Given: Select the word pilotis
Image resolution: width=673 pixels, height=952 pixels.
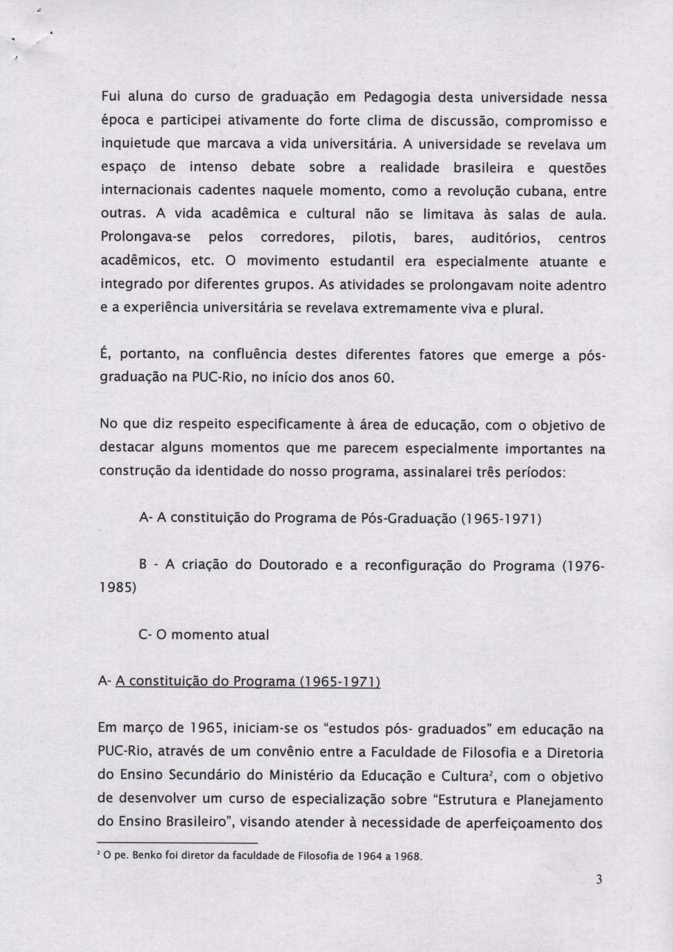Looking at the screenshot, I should [374, 238].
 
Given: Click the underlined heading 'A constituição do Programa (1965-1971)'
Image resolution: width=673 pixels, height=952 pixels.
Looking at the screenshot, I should [248, 682].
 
